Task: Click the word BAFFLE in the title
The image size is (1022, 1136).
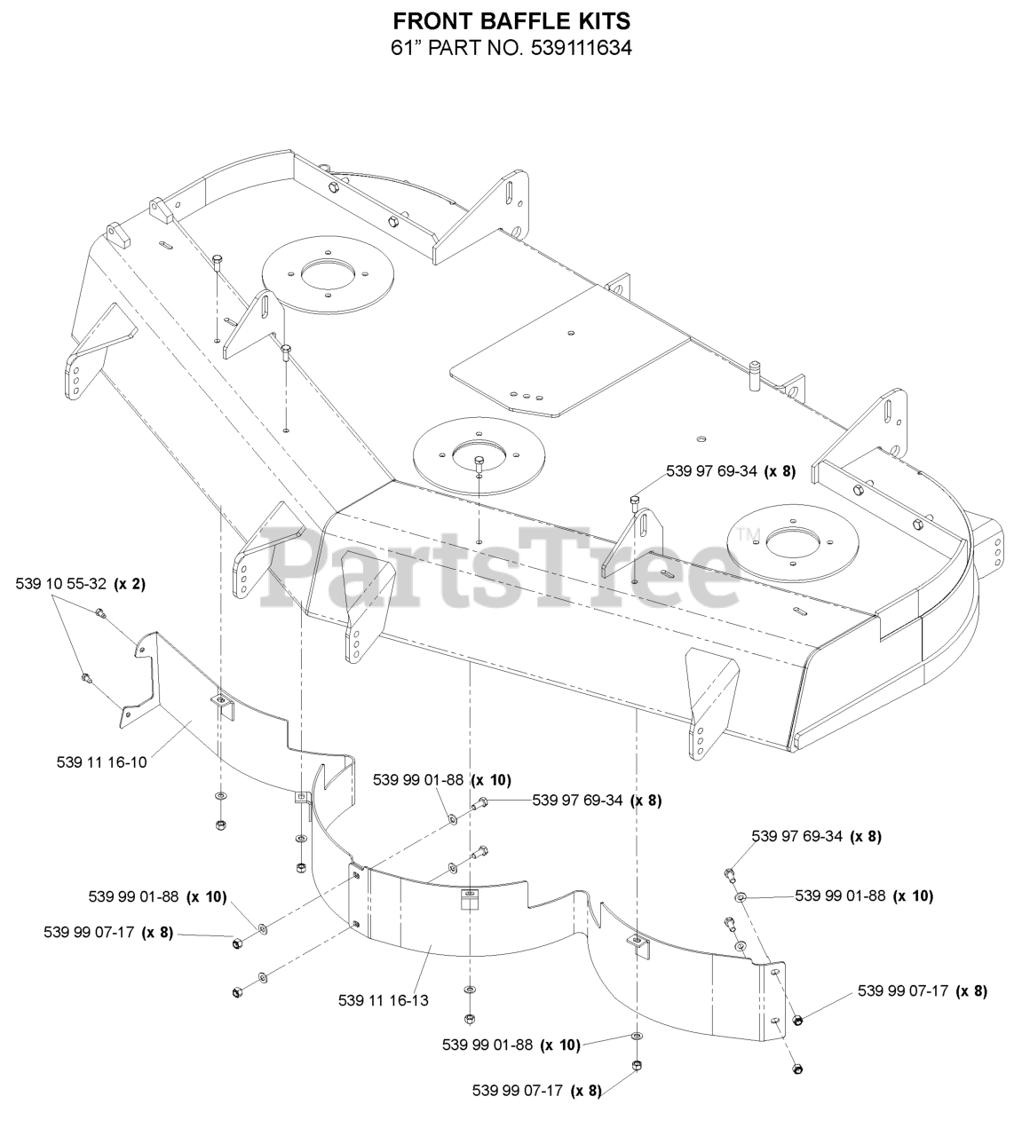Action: (516, 21)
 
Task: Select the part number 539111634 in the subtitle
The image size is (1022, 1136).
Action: (581, 48)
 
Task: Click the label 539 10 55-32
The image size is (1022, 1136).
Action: (61, 584)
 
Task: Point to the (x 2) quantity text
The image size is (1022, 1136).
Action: (130, 584)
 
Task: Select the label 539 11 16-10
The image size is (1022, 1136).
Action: (101, 762)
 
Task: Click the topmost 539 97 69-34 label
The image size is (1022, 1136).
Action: (711, 471)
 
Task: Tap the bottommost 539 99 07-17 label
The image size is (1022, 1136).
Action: (518, 1107)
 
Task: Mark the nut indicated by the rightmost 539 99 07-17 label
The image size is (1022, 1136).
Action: (796, 1020)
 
